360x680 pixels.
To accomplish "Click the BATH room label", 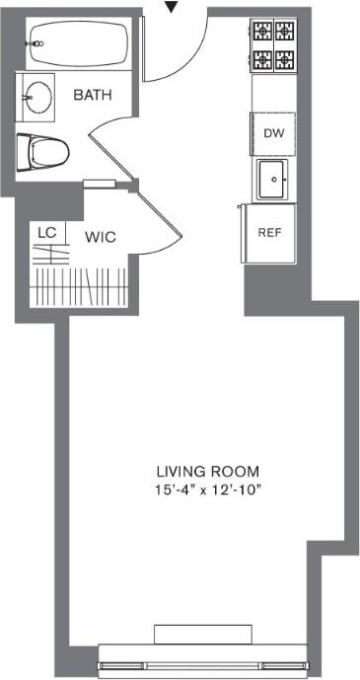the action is pos(93,95).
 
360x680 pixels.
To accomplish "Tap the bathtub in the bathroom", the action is pos(81,43).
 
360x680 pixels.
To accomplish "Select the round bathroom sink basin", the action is pos(36,97).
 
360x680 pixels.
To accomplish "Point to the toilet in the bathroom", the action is pos(42,153).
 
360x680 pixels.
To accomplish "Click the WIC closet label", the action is pos(100,237).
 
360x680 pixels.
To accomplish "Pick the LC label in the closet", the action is pos(46,233).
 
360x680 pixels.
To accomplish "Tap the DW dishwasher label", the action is pos(274,133).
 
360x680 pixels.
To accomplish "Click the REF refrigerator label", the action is pos(270,233).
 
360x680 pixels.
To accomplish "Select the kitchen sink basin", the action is pos(272,180).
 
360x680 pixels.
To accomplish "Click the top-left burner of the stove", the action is pos(262,32).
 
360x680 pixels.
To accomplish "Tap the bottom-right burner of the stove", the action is pos(285,59).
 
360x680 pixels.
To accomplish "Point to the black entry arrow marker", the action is pos(173,7).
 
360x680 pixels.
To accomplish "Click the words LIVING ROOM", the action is pos(208,471).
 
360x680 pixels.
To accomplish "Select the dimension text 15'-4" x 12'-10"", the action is pos(209,491).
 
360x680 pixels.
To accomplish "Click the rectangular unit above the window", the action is pos(203,635).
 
